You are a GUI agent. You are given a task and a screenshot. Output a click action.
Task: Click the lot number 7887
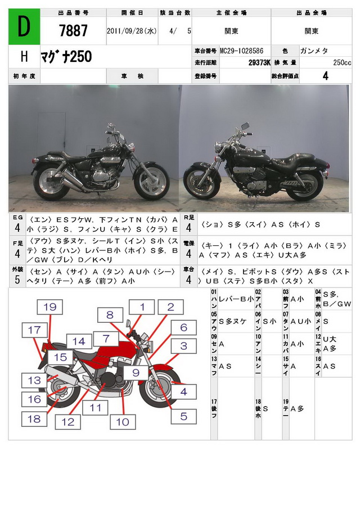(x=73, y=31)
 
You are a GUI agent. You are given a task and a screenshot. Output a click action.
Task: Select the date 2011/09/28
(x=132, y=32)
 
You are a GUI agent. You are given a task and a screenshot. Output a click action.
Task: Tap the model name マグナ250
(x=66, y=57)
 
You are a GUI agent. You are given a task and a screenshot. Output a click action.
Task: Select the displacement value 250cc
(x=341, y=62)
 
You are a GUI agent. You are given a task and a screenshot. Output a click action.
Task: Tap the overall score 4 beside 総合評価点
(x=326, y=76)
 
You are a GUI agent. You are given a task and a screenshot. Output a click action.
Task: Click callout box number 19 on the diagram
(x=51, y=307)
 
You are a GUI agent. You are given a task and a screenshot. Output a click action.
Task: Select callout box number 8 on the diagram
(x=110, y=316)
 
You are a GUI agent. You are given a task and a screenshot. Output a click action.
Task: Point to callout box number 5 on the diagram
(x=183, y=416)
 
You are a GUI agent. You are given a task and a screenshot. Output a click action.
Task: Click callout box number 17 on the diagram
(x=35, y=330)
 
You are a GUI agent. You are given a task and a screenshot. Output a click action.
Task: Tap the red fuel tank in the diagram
(x=112, y=354)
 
